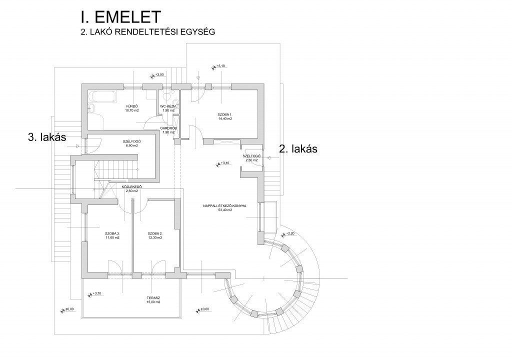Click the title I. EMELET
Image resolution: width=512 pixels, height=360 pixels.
[120, 17]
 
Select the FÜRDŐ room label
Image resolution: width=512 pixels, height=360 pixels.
[131, 106]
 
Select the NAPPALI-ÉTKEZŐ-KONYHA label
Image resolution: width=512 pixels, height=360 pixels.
[224, 205]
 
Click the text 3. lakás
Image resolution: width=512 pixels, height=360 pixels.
[47, 137]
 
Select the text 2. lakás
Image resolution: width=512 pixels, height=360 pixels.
[298, 148]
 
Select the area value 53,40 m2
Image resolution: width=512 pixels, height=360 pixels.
[224, 210]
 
